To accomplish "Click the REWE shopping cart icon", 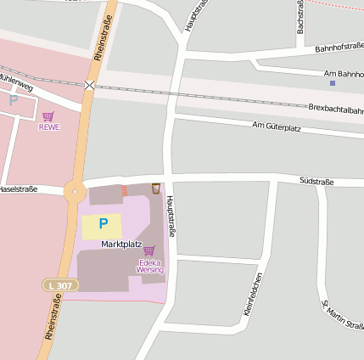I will click(48, 116).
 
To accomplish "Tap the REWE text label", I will click(49, 127).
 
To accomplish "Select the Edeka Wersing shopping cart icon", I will click(149, 250).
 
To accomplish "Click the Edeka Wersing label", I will click(149, 266).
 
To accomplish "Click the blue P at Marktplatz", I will click(103, 224).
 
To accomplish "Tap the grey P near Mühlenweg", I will click(13, 100).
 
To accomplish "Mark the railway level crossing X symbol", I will click(90, 85).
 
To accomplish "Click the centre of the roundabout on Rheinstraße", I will click(75, 192).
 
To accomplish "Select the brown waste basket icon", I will click(156, 188).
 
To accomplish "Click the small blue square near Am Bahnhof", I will click(332, 83).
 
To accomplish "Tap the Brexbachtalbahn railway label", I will click(336, 109).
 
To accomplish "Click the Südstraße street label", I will click(316, 181).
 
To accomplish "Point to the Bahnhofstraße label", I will click(339, 49).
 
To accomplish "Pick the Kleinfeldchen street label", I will click(253, 295).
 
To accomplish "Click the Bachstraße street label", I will click(300, 17).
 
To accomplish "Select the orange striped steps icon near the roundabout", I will click(124, 190).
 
